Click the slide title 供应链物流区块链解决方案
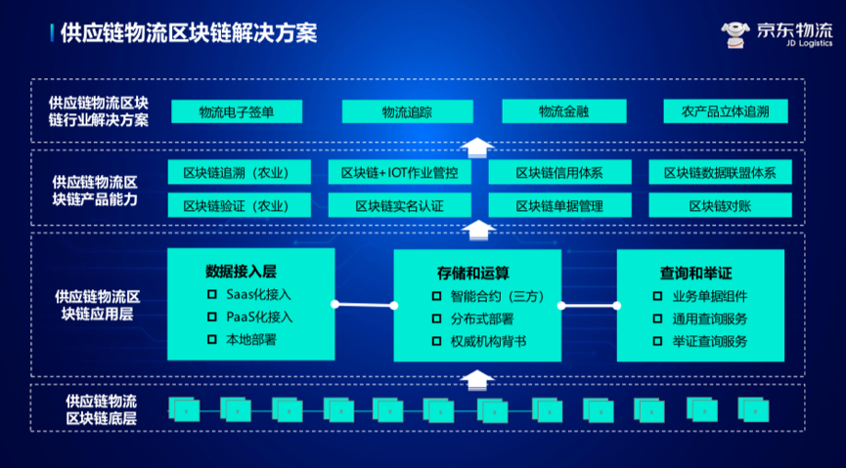coord(190,32)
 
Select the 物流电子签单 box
coord(236,111)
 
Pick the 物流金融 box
coord(563,111)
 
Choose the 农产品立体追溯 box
coord(725,111)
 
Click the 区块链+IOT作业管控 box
coord(399,173)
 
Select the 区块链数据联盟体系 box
coord(720,173)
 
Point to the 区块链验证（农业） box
coord(240,205)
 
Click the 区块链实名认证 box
coord(399,205)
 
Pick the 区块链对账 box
coord(720,205)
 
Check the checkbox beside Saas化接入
coord(212,294)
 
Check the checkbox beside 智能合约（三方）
coord(437,296)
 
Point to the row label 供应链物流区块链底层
coord(101,409)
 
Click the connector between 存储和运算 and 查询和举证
coord(589,306)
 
